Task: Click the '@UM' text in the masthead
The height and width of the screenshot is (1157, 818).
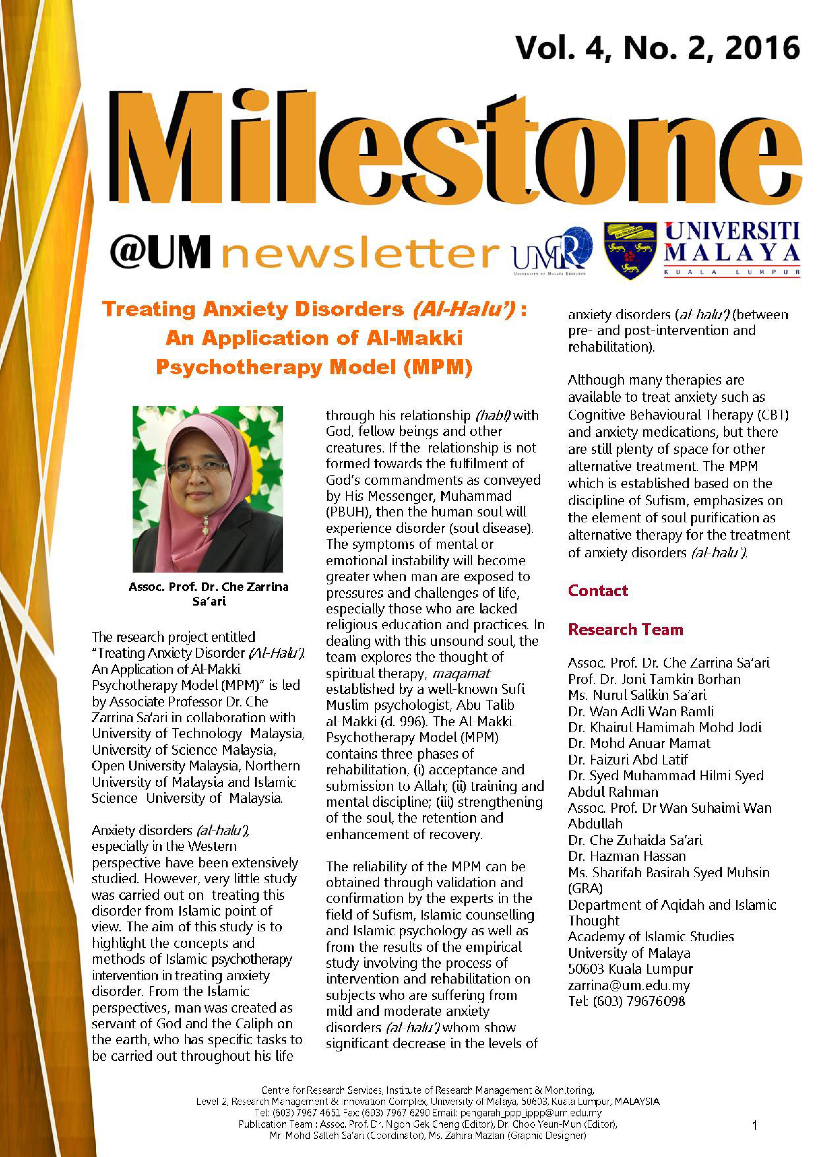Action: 160,252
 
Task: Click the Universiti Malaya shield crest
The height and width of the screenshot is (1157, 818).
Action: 630,250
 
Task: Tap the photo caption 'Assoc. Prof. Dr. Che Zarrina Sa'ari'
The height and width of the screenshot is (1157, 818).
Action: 209,594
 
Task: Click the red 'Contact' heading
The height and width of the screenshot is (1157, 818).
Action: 598,591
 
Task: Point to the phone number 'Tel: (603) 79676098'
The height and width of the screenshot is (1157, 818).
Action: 626,1001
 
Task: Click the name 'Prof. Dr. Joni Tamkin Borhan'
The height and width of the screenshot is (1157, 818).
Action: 654,679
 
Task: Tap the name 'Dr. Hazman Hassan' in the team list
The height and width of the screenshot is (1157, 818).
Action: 626,856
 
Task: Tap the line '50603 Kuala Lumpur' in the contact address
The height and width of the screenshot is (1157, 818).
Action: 630,969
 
